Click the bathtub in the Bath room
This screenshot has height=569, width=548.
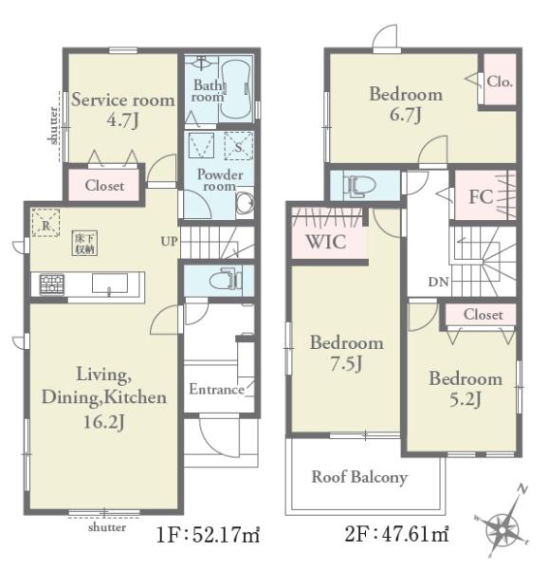pos(236,90)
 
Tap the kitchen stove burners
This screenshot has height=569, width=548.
pos(52,284)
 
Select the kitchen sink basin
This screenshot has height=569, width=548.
pos(110,283)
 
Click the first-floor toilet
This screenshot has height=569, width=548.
pos(226,280)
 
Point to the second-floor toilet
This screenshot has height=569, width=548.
pos(359,186)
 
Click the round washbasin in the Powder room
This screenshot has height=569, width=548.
pos(245,204)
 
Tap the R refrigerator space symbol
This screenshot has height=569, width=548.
pos(46,223)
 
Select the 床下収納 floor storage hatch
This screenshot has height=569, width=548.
pos(85,243)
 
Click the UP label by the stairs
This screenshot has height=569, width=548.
pos(170,241)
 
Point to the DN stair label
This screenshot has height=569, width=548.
pos(438,282)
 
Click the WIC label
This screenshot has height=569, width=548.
pos(326,242)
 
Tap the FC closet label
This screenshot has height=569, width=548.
pos(481,196)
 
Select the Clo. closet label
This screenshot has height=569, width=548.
pos(500,82)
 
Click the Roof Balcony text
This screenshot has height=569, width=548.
pos(359,477)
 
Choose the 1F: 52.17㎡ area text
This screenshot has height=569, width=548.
pos(208,535)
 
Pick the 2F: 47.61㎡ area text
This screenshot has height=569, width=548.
pos(396,534)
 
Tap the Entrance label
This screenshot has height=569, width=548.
pos(217,389)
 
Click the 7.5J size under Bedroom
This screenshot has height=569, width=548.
pos(346,363)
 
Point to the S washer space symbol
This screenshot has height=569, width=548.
pos(239,146)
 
